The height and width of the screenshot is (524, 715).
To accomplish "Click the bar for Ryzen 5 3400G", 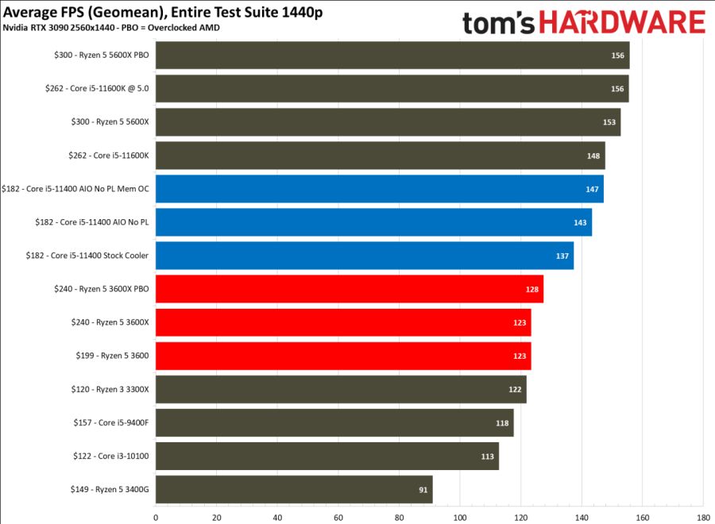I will click(x=294, y=490).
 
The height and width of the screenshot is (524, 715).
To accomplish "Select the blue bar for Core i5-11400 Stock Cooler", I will click(x=364, y=256).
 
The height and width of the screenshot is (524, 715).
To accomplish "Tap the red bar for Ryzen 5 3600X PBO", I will click(x=349, y=289).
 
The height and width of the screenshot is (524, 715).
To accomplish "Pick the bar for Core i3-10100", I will click(x=327, y=457).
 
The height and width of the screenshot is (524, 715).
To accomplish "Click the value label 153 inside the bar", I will click(x=609, y=122).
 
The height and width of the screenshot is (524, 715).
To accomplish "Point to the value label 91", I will click(x=423, y=490).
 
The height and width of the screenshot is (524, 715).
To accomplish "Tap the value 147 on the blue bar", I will click(x=592, y=190).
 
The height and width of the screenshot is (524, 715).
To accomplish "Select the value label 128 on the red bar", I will click(x=532, y=290).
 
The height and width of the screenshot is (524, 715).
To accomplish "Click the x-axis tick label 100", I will click(x=459, y=517).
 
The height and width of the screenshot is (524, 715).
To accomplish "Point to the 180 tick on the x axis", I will click(x=703, y=517).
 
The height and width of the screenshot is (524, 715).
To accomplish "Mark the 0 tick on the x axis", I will click(x=156, y=517).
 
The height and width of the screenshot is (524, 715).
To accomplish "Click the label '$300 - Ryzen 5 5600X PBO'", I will click(x=97, y=56).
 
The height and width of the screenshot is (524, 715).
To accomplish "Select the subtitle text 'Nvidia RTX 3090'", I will click(x=35, y=28).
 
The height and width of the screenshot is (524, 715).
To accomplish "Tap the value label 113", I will click(x=488, y=457).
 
